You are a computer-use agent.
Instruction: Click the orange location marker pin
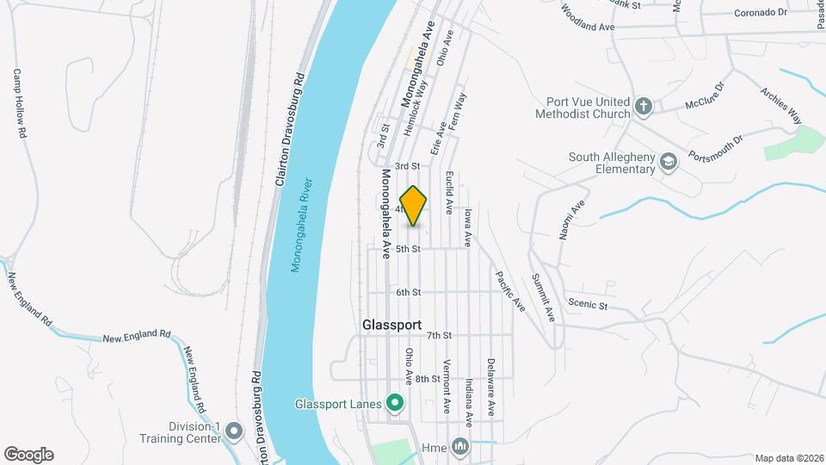414,205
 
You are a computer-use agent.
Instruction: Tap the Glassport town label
391,325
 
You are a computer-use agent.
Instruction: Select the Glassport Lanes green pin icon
395,403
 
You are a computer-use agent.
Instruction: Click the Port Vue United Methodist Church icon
642,107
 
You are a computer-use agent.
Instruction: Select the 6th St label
408,292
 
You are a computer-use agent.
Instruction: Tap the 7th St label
439,335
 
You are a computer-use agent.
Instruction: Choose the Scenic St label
588,304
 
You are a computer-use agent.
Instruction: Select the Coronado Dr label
761,13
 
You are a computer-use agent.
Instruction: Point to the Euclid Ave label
449,192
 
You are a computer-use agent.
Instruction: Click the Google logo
28,454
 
